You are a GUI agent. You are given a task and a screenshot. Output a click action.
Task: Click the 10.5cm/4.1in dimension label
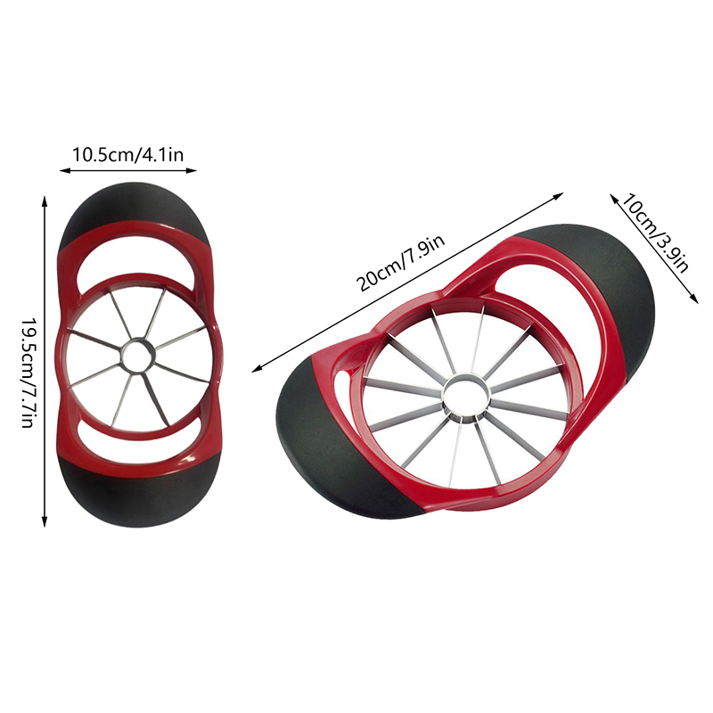tap(127, 155)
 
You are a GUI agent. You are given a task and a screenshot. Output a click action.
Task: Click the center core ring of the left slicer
tap(138, 356)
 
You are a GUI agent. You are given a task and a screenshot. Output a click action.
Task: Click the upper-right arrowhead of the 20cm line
tap(562, 193)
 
